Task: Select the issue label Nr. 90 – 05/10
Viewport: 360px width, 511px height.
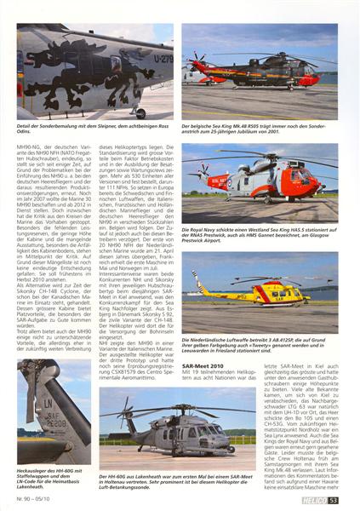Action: pos(37,498)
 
